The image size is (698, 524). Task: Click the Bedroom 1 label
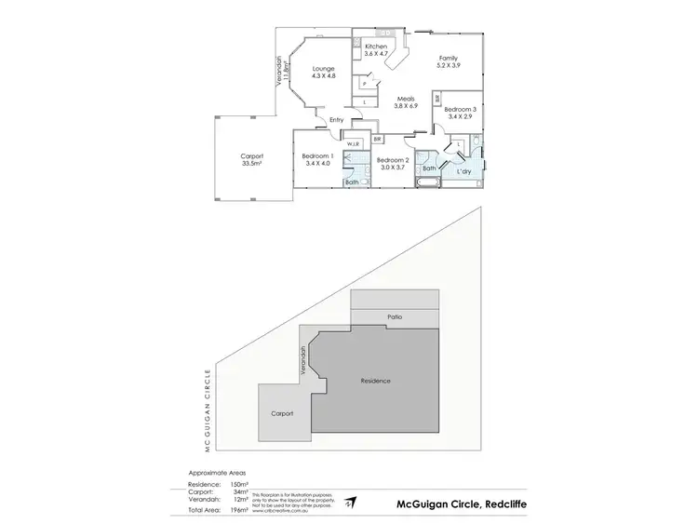click(318, 159)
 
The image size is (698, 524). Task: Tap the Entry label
click(336, 120)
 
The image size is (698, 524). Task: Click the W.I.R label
click(354, 144)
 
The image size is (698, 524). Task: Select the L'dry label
click(462, 173)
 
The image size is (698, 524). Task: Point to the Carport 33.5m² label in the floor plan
click(251, 159)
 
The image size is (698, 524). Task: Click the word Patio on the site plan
click(394, 318)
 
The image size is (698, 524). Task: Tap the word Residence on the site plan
click(376, 382)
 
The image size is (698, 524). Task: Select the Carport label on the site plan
click(283, 412)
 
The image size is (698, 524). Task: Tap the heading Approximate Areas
click(221, 473)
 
